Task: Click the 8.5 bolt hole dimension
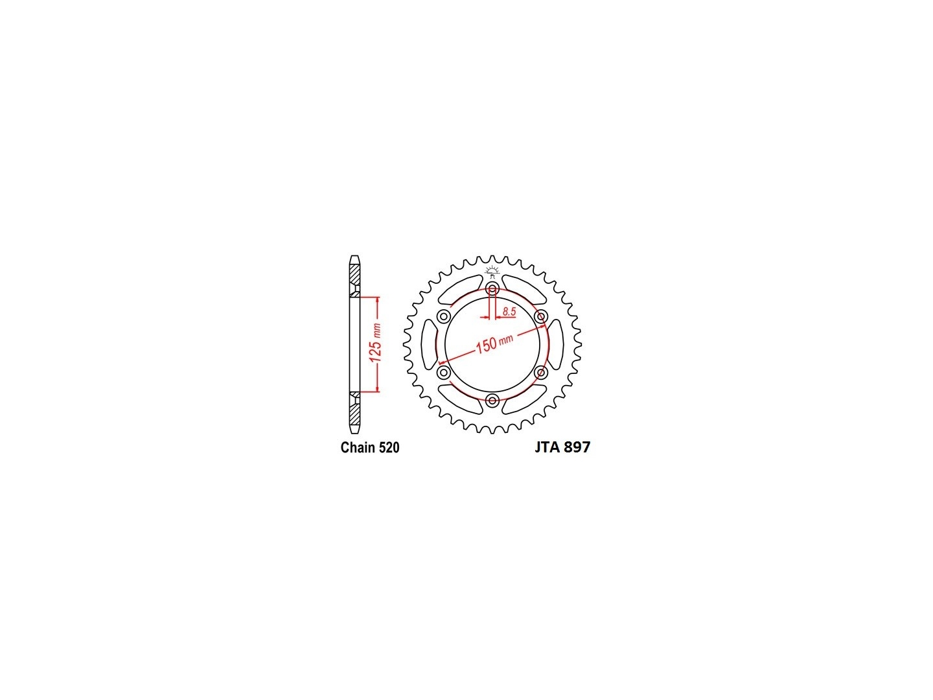pos(509,312)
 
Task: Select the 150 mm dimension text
pos(494,343)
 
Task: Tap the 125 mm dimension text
pos(376,343)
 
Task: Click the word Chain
pos(358,447)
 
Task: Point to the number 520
pos(389,447)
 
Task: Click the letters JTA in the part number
pos(547,447)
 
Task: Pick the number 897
pos(577,447)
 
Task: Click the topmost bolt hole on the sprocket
pos(492,289)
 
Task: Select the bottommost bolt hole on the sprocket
pos(492,400)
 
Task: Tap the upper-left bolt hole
pos(444,316)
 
